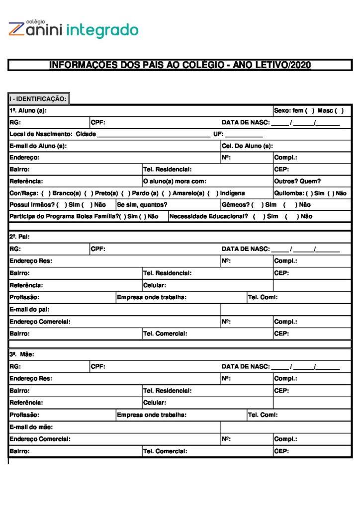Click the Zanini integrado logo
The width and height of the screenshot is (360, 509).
pyautogui.click(x=73, y=29)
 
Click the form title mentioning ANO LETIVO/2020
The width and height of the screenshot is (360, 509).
pyautogui.click(x=180, y=65)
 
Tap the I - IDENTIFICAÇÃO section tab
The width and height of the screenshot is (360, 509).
pyautogui.click(x=38, y=99)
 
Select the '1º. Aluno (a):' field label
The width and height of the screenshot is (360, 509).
pyautogui.click(x=28, y=110)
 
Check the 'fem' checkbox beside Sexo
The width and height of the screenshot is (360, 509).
pyautogui.click(x=310, y=110)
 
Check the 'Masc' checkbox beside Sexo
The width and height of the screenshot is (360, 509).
pyautogui.click(x=339, y=110)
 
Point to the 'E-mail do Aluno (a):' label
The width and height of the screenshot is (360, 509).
pyautogui.click(x=38, y=146)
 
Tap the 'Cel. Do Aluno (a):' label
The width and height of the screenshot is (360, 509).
pyautogui.click(x=247, y=146)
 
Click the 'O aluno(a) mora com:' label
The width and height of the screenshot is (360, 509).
pyautogui.click(x=175, y=181)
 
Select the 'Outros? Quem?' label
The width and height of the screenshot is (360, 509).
pyautogui.click(x=297, y=181)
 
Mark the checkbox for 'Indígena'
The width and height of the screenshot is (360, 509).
pyautogui.click(x=212, y=193)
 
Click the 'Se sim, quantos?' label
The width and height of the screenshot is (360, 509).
pyautogui.click(x=142, y=205)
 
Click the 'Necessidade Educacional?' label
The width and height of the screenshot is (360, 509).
pyautogui.click(x=208, y=217)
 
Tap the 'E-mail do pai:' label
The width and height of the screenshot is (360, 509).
pyautogui.click(x=29, y=310)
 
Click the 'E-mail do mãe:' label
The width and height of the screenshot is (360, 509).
pyautogui.click(x=31, y=427)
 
